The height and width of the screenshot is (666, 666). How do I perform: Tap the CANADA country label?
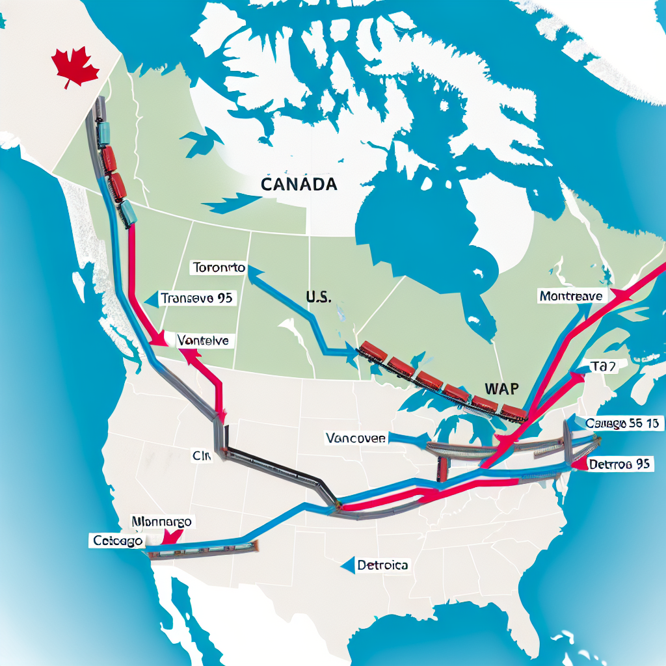pos(299,184)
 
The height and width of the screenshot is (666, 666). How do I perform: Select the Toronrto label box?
pos(219,267)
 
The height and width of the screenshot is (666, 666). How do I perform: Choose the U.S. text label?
pos(318,297)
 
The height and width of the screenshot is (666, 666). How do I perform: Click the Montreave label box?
pos(571,296)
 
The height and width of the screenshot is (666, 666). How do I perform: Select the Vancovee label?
pos(355,438)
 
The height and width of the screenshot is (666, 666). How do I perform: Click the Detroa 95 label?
pos(619,464)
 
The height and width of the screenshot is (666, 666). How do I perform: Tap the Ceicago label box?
pos(117,540)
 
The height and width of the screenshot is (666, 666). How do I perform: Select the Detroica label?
pos(382,565)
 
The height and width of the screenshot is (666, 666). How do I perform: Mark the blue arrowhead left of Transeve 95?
pos(150,299)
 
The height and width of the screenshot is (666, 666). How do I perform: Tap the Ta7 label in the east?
pos(602,366)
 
